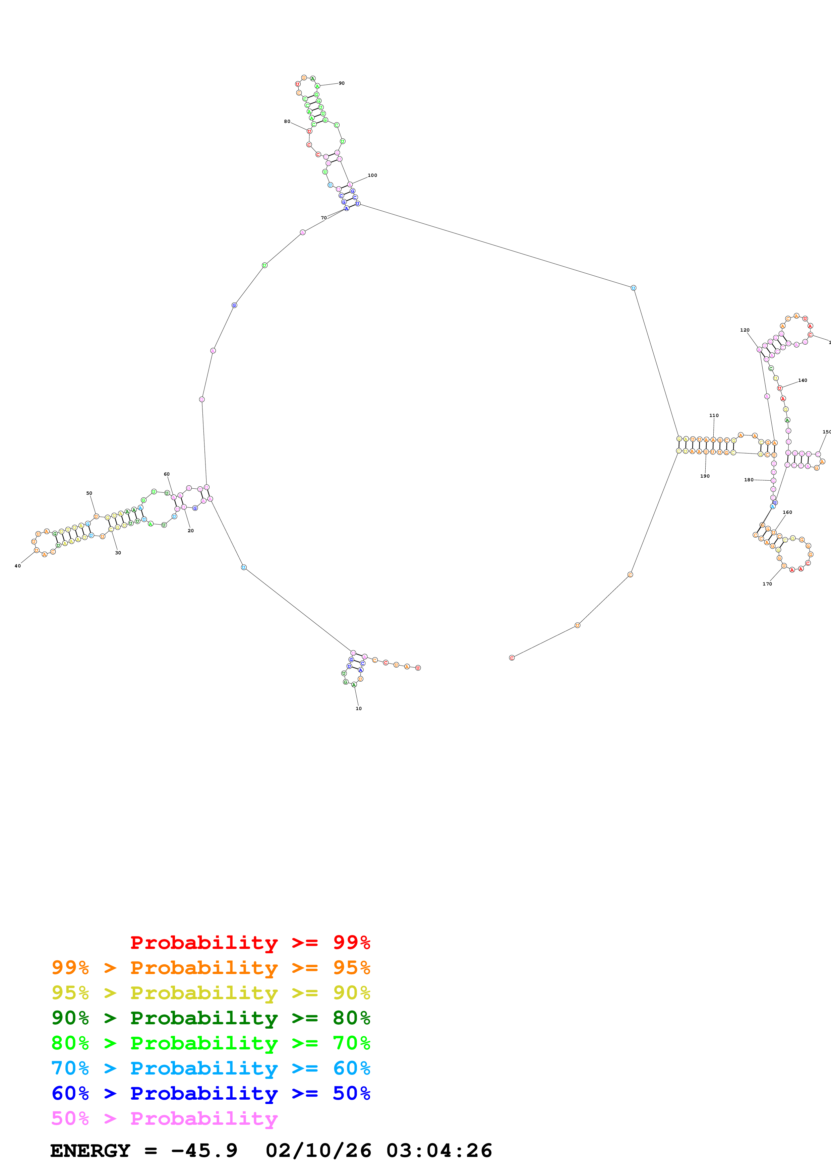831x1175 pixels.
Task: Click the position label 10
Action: point(358,708)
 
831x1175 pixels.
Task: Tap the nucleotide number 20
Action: point(190,531)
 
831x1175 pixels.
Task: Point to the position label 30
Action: point(118,553)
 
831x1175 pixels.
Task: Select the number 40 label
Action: point(17,566)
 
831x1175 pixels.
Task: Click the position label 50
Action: point(89,493)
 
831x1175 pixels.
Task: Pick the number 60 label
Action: point(166,474)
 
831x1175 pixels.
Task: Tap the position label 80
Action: point(287,122)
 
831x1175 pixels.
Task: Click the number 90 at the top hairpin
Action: point(342,83)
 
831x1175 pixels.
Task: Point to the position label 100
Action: point(372,176)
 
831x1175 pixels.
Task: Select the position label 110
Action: point(714,416)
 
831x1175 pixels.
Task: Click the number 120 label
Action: point(745,330)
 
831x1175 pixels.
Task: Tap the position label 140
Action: point(802,380)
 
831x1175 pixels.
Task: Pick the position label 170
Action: point(767,584)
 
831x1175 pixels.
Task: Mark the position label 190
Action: point(705,476)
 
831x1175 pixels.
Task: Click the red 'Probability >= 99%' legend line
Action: point(250,942)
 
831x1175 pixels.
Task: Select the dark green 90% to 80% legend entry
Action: point(211,1018)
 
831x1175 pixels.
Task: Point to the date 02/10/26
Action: point(318,1151)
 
